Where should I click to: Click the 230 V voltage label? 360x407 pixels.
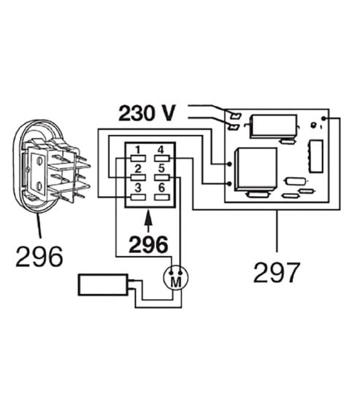[x=147, y=113]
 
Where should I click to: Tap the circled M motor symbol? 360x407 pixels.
[x=176, y=277]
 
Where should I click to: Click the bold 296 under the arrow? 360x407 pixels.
[x=148, y=244]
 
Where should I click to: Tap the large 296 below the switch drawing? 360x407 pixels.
[x=39, y=257]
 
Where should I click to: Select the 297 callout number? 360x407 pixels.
[x=277, y=273]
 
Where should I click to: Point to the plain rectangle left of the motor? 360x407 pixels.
[x=103, y=284]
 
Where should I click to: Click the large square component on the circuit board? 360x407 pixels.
[x=256, y=169]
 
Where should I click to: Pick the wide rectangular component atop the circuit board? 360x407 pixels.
[x=274, y=126]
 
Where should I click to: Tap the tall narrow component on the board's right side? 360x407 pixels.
[x=316, y=156]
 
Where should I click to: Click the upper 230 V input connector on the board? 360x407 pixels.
[x=236, y=115]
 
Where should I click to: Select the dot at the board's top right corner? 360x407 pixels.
[x=323, y=118]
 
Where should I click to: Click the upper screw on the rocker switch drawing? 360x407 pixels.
[x=39, y=161]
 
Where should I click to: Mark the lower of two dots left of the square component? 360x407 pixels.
[x=229, y=184]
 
